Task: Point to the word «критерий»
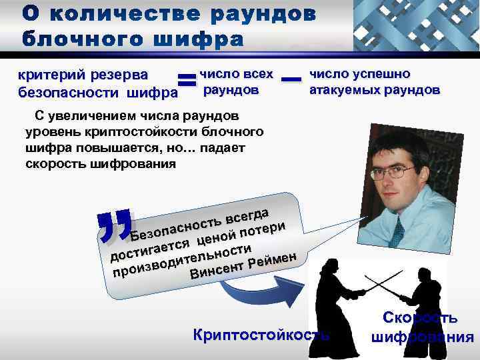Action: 48,76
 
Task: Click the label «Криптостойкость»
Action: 260,334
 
